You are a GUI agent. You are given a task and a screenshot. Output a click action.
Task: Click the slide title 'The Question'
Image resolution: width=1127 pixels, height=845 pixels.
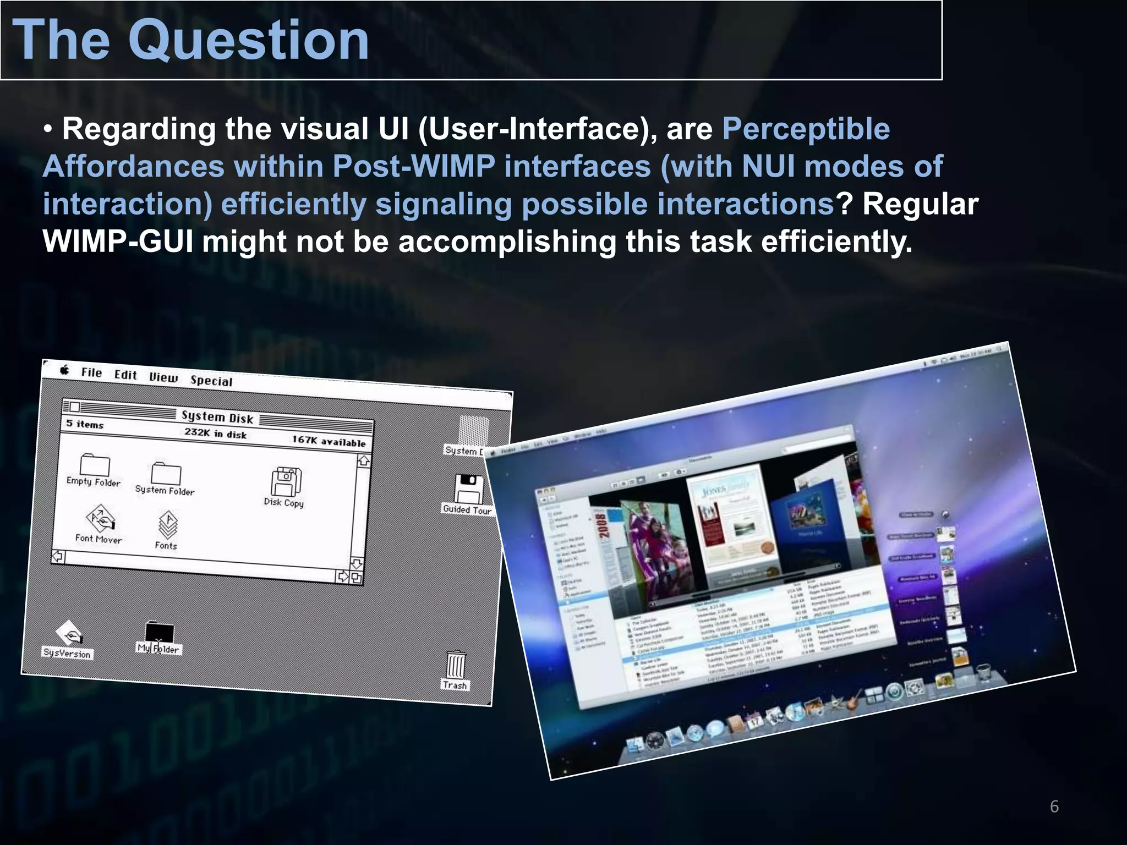coord(190,40)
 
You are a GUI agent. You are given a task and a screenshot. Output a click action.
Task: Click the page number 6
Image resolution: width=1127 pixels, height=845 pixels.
coord(1054,806)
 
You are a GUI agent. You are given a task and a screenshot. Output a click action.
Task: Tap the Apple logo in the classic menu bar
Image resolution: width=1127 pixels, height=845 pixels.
coord(65,370)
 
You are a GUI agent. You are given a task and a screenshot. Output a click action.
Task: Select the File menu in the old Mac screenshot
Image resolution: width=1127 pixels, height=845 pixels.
coord(91,373)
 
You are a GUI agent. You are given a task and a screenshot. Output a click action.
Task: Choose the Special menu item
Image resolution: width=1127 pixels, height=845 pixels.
coord(211,381)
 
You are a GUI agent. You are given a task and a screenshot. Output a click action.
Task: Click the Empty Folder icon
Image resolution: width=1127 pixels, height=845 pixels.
coord(95,465)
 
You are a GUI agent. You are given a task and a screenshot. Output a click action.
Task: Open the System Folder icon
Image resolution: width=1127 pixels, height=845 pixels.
coord(166,473)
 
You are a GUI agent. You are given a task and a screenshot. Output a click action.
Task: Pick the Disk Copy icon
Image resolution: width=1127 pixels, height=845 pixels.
coord(286,482)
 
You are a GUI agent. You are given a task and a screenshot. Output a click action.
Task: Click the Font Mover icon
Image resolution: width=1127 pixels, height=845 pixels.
coord(100,519)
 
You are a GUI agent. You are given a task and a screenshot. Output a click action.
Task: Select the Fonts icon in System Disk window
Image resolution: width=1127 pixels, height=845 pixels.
coord(168,525)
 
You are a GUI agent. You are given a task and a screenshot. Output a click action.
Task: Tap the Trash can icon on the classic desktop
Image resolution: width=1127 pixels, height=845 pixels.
coord(456,666)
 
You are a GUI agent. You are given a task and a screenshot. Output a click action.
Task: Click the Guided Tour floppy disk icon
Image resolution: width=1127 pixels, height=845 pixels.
coord(469,489)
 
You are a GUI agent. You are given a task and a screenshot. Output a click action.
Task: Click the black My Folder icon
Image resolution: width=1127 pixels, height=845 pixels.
coord(160,632)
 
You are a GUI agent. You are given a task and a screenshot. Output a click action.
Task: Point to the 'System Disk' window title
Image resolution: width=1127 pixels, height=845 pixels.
coord(217,417)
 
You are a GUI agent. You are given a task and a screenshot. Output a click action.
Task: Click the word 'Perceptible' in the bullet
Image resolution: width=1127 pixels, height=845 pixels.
coord(806,129)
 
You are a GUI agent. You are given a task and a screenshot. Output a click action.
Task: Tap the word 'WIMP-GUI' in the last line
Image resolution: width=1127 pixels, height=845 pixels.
coord(118,242)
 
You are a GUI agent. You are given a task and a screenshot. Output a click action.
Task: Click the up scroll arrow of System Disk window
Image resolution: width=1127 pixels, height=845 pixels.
coord(363,461)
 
